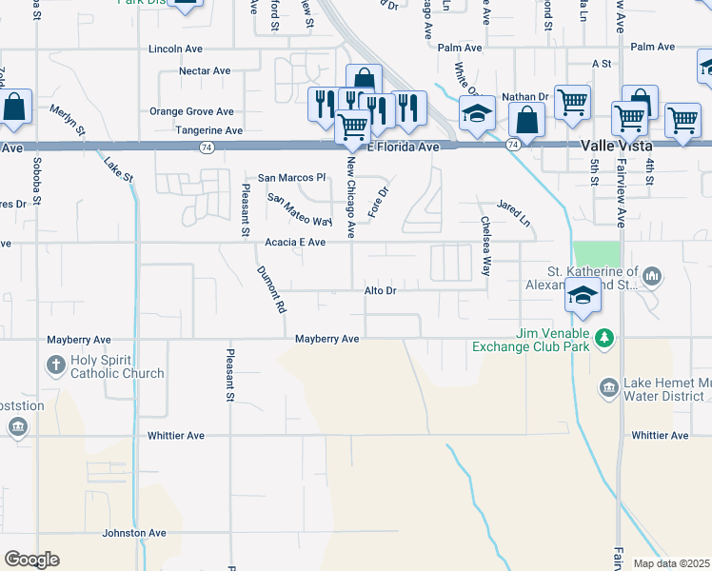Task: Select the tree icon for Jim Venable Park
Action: [x=603, y=338]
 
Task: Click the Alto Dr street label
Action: [x=379, y=290]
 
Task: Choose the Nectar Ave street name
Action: [x=205, y=70]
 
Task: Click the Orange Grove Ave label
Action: [x=191, y=111]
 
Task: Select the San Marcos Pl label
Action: [x=291, y=178]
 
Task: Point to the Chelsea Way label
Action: [x=485, y=246]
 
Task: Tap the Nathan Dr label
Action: [x=526, y=96]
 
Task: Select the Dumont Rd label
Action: [x=271, y=289]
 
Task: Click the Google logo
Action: [x=31, y=560]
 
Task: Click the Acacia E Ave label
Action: [x=295, y=243]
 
